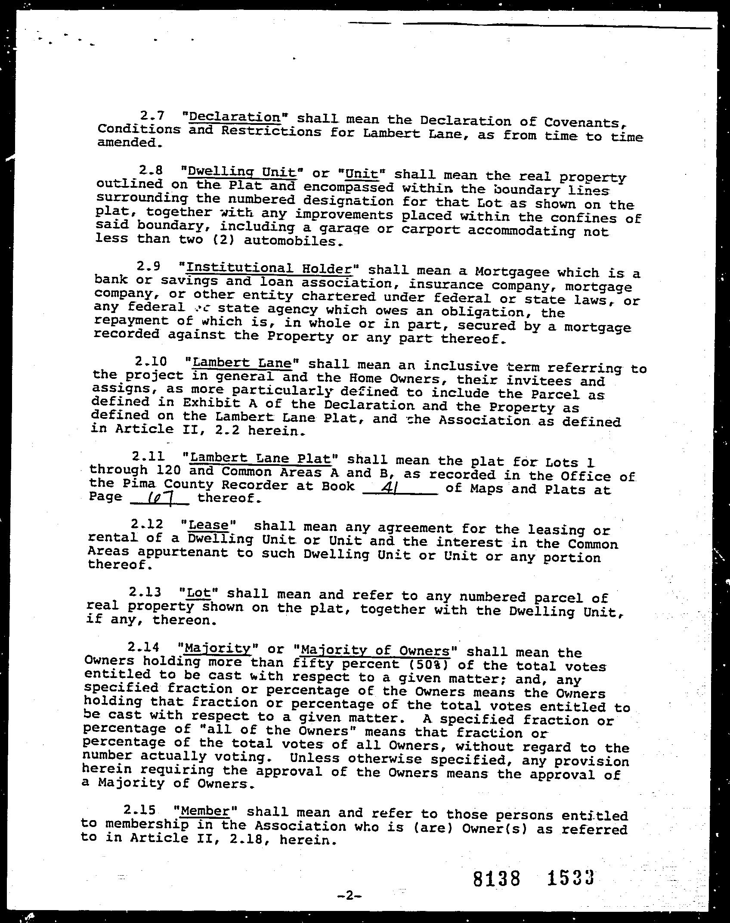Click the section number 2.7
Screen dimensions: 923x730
click(x=152, y=116)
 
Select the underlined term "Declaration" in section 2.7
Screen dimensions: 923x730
click(x=235, y=117)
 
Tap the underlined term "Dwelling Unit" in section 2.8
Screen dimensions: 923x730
click(x=242, y=172)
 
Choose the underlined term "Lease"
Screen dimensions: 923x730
click(x=208, y=525)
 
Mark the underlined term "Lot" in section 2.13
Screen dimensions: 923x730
click(x=198, y=593)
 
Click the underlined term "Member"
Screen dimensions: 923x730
click(x=204, y=811)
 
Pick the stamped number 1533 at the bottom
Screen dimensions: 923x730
click(x=571, y=877)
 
